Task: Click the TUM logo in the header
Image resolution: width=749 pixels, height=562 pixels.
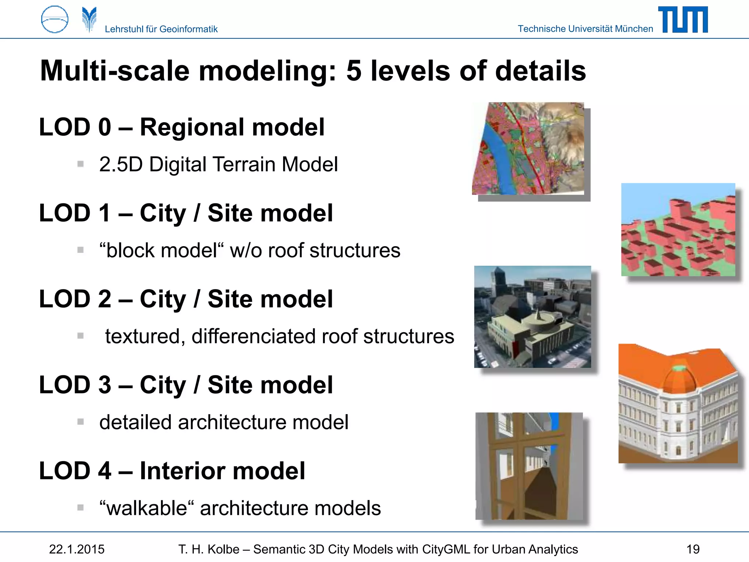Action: (683, 20)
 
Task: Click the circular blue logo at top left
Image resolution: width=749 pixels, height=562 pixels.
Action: (55, 19)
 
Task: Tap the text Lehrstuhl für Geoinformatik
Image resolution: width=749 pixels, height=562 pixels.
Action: (161, 29)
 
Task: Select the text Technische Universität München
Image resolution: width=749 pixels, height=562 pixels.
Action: (585, 29)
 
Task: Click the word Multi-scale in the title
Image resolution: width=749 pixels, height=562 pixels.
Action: (115, 71)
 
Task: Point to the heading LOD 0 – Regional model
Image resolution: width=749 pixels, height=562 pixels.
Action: (182, 127)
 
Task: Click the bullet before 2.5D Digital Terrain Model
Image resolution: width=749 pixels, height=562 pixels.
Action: (80, 164)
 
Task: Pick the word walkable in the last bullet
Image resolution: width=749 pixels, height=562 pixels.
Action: (147, 508)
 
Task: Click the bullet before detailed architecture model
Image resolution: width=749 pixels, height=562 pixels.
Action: (80, 422)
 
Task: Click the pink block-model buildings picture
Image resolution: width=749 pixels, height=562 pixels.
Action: (678, 230)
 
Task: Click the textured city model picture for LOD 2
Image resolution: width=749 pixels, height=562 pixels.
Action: (532, 317)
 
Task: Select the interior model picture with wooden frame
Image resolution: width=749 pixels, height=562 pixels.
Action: (529, 466)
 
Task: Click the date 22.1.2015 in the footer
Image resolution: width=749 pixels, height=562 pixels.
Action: (77, 549)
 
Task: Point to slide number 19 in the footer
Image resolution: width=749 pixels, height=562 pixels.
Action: (693, 549)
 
